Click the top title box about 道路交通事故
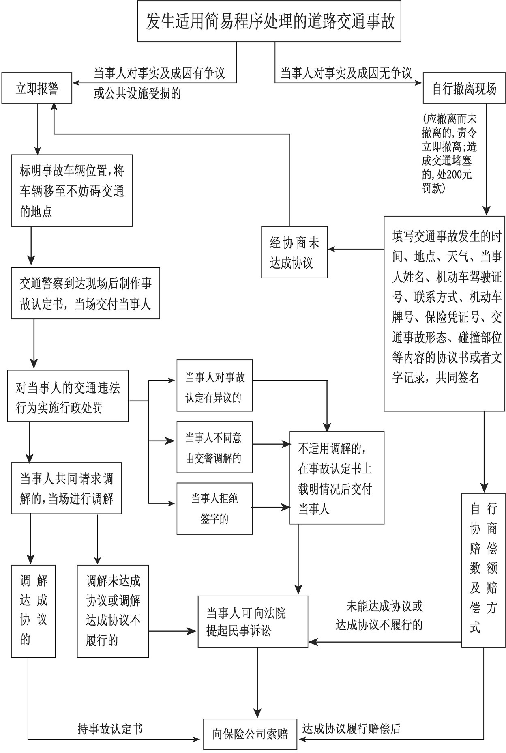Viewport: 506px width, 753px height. click(x=269, y=22)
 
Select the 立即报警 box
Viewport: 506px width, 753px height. click(x=37, y=88)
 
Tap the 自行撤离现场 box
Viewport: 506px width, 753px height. click(x=464, y=88)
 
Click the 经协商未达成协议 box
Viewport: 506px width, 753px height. click(x=294, y=252)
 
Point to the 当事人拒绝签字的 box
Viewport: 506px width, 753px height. click(x=214, y=508)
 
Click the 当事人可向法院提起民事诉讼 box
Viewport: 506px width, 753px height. click(x=253, y=621)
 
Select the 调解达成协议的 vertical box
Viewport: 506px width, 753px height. click(x=33, y=611)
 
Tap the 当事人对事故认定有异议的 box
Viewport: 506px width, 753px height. click(x=214, y=385)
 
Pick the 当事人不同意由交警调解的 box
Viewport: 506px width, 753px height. click(x=214, y=447)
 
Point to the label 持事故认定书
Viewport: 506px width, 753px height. click(x=110, y=729)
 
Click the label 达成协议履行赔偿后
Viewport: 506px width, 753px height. click(x=352, y=729)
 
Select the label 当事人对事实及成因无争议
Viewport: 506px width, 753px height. click(x=347, y=73)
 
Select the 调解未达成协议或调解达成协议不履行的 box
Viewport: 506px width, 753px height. click(x=113, y=611)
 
